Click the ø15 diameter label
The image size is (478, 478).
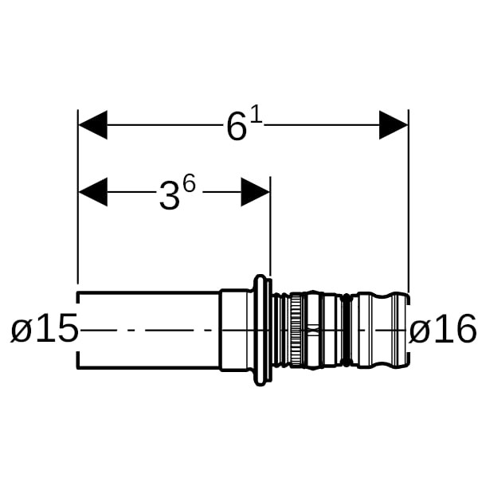(45, 329)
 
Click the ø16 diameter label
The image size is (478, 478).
(443, 329)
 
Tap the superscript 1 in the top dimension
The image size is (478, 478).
(256, 116)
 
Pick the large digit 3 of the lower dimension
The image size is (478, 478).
(168, 196)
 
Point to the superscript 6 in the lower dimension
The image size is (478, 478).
(188, 184)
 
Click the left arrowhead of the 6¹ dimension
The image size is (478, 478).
(92, 125)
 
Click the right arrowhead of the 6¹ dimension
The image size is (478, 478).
(394, 125)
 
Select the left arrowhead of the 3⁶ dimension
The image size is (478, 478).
(92, 192)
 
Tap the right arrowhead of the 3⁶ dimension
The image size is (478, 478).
(256, 192)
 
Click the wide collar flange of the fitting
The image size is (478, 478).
(261, 330)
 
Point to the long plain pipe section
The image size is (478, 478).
(148, 330)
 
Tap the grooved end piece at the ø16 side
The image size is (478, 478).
(380, 330)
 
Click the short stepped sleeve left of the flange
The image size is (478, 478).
(234, 330)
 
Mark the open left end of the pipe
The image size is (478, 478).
(79, 330)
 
